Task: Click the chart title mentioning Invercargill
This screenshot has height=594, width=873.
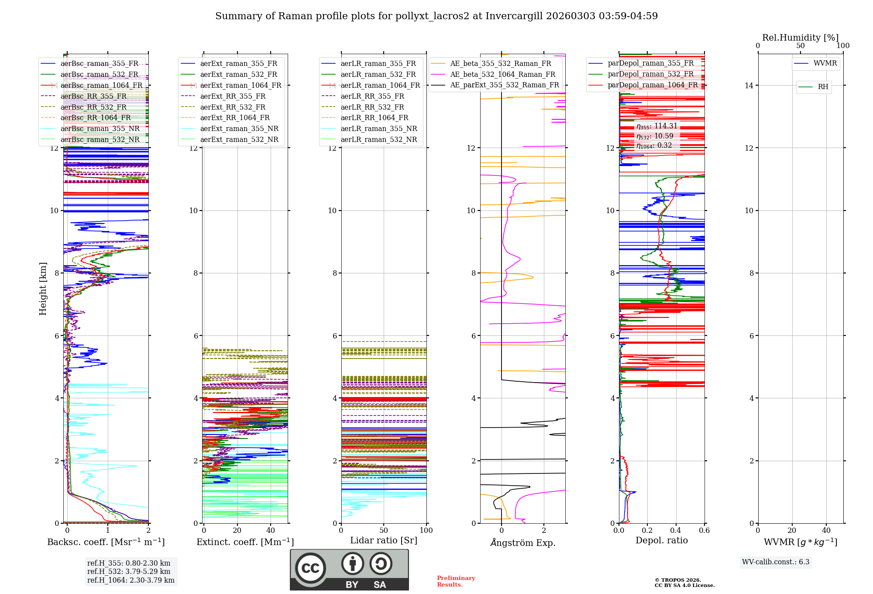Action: pyautogui.click(x=436, y=16)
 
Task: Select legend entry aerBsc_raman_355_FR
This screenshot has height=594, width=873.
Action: pyautogui.click(x=99, y=64)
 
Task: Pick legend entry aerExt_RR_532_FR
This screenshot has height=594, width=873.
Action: pyautogui.click(x=233, y=107)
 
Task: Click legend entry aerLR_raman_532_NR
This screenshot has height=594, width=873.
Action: pyautogui.click(x=378, y=140)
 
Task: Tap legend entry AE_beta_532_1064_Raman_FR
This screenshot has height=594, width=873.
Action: pyautogui.click(x=502, y=75)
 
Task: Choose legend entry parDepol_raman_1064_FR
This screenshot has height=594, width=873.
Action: pyautogui.click(x=653, y=85)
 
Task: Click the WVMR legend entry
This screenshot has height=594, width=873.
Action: pyautogui.click(x=825, y=63)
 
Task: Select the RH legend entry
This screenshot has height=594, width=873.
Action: pyautogui.click(x=823, y=87)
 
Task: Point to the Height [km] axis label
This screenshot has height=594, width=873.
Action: pyautogui.click(x=43, y=288)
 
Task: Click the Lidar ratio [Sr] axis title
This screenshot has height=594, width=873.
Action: pyautogui.click(x=384, y=541)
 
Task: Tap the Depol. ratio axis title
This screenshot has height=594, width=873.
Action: pyautogui.click(x=661, y=541)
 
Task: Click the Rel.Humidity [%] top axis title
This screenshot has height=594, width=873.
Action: pyautogui.click(x=800, y=38)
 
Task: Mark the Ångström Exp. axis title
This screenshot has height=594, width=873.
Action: pyautogui.click(x=522, y=543)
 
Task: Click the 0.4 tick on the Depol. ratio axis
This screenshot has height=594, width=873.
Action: pyautogui.click(x=676, y=531)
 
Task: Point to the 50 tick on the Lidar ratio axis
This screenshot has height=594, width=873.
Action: pyautogui.click(x=384, y=531)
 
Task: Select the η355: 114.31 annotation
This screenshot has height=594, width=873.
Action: pyautogui.click(x=657, y=126)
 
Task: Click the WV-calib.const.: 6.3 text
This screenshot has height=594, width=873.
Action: pyautogui.click(x=776, y=562)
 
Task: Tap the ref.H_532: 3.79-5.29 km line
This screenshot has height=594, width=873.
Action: pyautogui.click(x=129, y=572)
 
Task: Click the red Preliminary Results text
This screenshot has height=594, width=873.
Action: pyautogui.click(x=456, y=581)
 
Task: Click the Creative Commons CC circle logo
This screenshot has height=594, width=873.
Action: pyautogui.click(x=310, y=568)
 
